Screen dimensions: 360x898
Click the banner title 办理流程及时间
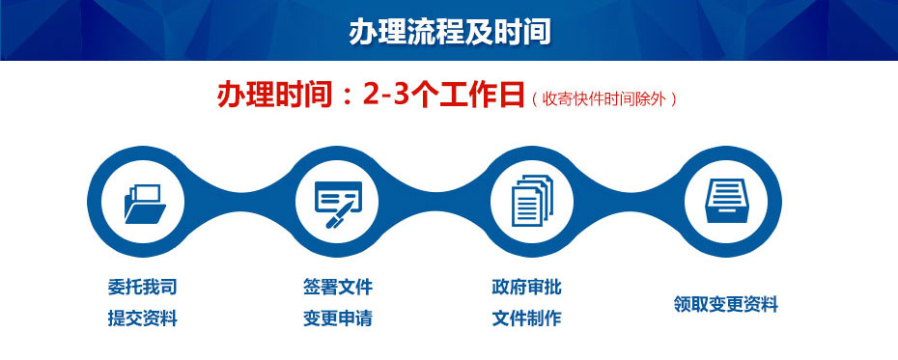(449, 31)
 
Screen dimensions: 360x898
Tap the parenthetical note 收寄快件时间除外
(603, 98)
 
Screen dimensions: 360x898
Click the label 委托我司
(142, 287)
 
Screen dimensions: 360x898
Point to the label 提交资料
(142, 318)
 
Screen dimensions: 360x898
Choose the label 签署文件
(337, 287)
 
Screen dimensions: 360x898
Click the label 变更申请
(337, 318)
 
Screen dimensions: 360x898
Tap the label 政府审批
(526, 287)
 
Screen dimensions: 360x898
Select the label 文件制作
(526, 318)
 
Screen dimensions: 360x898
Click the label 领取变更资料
(725, 304)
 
